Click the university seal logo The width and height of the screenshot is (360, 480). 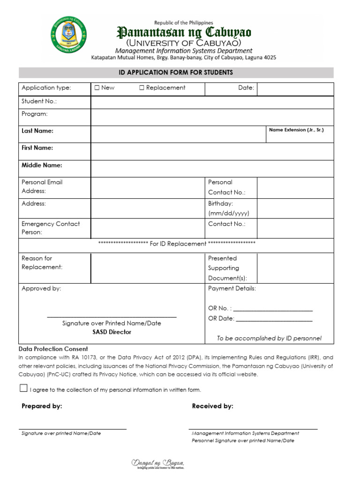point(69,35)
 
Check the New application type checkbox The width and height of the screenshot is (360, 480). point(97,88)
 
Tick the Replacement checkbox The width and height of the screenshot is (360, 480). point(142,88)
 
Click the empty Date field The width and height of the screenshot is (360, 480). point(295,89)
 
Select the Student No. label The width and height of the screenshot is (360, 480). point(39,102)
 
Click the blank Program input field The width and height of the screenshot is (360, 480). point(212,117)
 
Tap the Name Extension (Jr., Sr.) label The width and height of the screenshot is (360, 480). point(296,130)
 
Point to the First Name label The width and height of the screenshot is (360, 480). point(37,148)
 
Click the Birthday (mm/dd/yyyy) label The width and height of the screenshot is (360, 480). point(228,209)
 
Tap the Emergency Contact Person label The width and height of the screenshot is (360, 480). point(51,228)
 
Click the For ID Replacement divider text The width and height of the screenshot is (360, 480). point(177,244)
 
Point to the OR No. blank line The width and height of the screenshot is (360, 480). point(273,309)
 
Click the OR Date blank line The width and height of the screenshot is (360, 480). point(274,320)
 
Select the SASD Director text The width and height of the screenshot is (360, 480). point(112,332)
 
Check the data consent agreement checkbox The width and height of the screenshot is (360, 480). point(23,388)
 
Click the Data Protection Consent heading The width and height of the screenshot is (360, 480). point(53,349)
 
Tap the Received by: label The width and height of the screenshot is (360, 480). point(212,406)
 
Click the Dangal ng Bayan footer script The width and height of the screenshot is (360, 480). point(158,464)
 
